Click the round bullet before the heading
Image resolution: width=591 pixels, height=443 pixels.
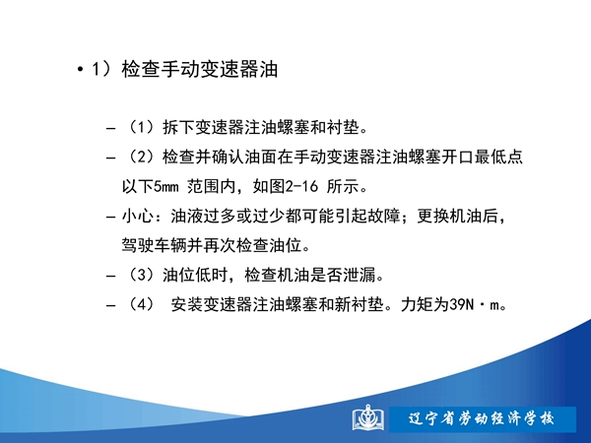80,70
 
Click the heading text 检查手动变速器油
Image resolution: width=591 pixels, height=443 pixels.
200,69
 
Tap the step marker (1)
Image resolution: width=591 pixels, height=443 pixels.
141,127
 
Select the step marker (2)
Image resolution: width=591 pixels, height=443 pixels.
141,157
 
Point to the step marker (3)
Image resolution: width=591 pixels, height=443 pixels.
141,275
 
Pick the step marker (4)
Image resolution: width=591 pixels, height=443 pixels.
141,304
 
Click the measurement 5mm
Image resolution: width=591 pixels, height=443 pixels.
165,186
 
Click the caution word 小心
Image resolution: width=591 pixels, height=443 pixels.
138,216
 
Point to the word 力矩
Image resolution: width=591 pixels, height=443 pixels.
417,304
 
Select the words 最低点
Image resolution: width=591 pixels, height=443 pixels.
498,157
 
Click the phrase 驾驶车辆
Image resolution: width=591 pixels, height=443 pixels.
154,245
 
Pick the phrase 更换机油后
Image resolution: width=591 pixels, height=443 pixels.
457,216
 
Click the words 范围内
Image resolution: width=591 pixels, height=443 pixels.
212,186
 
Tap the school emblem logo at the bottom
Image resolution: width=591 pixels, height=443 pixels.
367,418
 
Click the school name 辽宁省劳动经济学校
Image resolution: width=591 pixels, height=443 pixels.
482,419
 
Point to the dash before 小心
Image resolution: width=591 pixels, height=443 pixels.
110,217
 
